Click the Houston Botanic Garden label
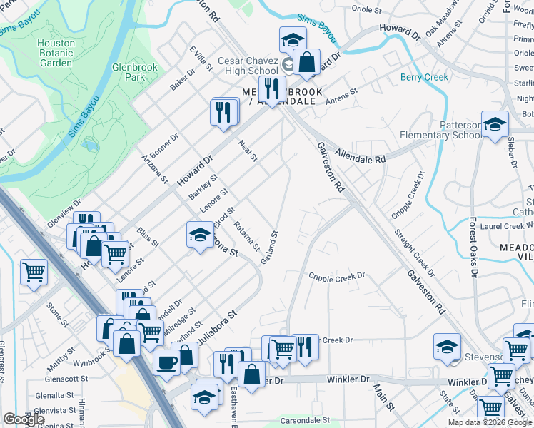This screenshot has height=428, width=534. pos(56,53)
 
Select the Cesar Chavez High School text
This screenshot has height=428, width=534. pos(248,66)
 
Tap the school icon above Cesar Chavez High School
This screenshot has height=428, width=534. pos(292,40)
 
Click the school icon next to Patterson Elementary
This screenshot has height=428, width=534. pos(495,125)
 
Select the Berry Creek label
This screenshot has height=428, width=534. pos(424,77)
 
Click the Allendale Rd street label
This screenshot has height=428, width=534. pos(361,156)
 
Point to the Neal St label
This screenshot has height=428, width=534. pos(248,150)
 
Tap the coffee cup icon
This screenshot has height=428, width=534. pos(166,362)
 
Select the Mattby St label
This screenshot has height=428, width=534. pos(60,357)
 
